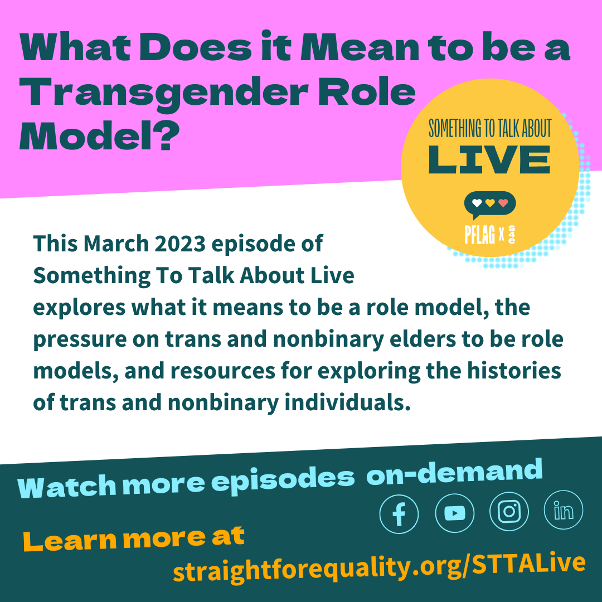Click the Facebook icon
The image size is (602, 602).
pos(399,514)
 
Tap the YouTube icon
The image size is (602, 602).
pos(455,513)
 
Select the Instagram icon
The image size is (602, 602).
pos(509,511)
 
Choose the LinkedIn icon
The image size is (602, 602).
pos(564,510)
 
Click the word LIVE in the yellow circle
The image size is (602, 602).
pos(489,160)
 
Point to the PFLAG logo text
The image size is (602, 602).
pos(479,234)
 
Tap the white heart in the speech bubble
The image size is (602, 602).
pos(477,203)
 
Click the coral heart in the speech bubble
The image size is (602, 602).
pos(503,203)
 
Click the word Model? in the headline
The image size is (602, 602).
pos(99,137)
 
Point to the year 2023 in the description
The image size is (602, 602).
pos(179,244)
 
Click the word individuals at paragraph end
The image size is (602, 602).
pos(347,402)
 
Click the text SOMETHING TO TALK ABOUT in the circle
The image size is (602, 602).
pos(490,128)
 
